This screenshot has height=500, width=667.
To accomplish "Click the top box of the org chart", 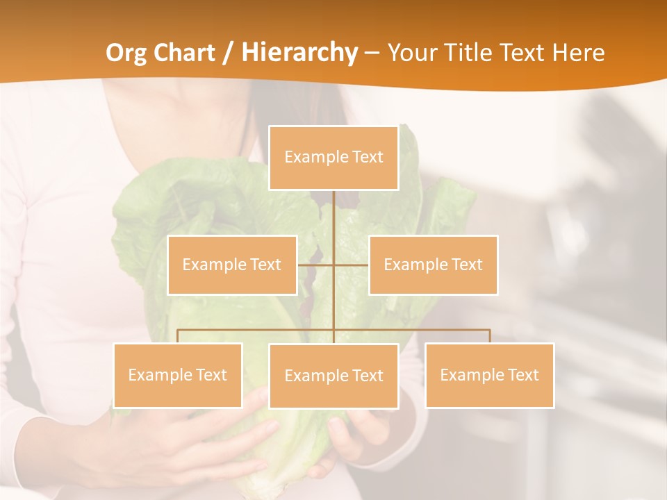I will (333, 158).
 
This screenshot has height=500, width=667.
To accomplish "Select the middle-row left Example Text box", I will (232, 265).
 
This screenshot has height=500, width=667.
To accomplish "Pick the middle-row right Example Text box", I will (433, 265).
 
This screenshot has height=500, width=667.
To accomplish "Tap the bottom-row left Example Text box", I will (178, 375).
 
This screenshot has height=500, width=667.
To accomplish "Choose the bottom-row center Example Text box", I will (333, 376).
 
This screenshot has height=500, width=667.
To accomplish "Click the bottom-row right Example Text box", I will (489, 375).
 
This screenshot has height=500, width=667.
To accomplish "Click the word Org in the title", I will (126, 53).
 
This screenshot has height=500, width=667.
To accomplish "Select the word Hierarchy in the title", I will (299, 53).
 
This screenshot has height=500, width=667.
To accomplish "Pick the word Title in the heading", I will (469, 53).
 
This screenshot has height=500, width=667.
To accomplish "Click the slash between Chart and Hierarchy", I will (228, 53).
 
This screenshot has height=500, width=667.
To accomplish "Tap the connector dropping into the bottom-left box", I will (178, 336).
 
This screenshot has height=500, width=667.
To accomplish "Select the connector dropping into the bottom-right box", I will (489, 336).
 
